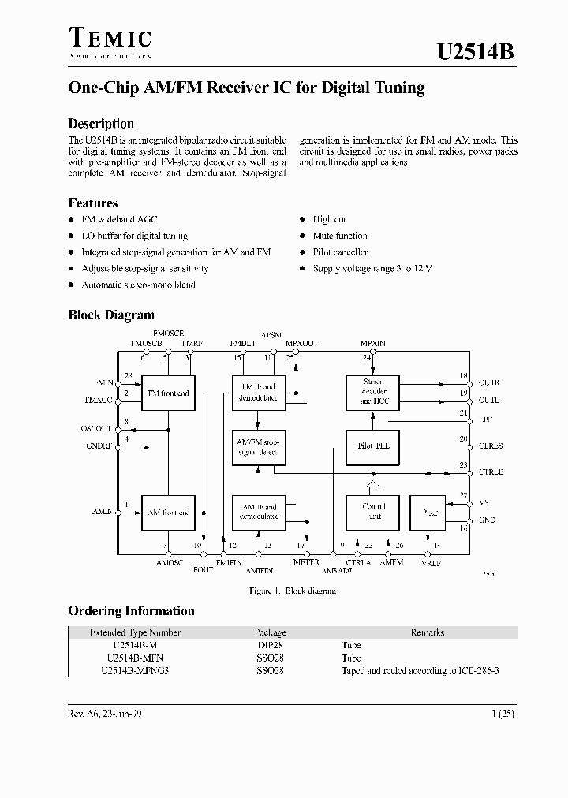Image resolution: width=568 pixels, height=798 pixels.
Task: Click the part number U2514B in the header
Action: coord(476,53)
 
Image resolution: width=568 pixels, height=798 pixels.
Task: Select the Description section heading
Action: coord(101,124)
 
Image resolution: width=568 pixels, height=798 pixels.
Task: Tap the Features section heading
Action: coord(93,203)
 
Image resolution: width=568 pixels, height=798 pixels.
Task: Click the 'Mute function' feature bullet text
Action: coord(340,236)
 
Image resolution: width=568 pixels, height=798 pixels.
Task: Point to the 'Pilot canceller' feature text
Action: coord(340,252)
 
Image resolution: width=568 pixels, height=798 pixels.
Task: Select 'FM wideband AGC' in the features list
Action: coord(119,220)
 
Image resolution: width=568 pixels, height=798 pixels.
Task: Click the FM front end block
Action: coord(169,393)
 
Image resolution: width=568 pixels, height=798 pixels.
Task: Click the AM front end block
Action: coord(169,513)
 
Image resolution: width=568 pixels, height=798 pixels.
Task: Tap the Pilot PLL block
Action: coord(374,446)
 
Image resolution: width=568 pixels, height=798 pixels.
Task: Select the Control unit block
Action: coord(374,512)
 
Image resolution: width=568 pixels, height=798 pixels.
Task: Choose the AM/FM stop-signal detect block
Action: coord(259,447)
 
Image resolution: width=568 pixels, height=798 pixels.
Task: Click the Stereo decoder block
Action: coord(374,392)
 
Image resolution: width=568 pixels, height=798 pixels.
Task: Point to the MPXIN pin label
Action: coord(373,344)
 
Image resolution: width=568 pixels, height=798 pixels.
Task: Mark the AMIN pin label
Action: coord(103,513)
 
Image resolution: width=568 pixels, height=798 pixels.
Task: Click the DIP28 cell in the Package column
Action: coord(271,645)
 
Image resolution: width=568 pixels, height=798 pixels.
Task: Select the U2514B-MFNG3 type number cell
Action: coord(136,670)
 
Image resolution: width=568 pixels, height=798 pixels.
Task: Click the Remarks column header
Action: coord(427,632)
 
